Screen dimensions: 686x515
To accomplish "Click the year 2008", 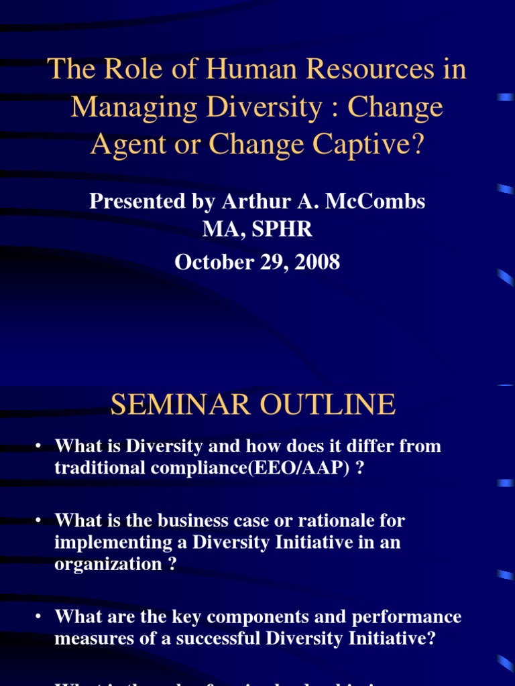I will pos(318,262).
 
